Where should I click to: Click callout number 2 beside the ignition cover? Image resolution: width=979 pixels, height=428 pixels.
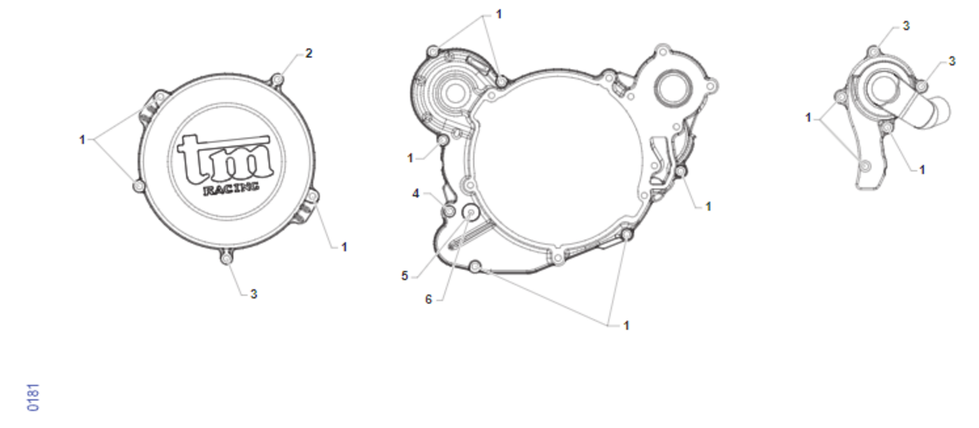click(309, 53)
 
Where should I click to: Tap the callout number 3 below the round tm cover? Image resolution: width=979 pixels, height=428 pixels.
click(254, 294)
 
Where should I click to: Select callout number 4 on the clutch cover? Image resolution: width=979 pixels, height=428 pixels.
click(415, 193)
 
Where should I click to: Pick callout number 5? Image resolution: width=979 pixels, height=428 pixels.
click(405, 276)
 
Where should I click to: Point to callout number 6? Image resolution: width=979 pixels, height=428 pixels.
click(428, 300)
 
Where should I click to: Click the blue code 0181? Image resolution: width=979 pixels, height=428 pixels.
click(33, 398)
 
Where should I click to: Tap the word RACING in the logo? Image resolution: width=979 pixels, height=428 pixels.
click(231, 188)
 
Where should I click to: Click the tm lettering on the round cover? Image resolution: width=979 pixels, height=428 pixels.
click(225, 159)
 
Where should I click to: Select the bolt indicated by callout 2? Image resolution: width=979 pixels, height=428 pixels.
click(277, 81)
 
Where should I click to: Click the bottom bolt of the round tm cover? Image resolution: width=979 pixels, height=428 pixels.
click(226, 259)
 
